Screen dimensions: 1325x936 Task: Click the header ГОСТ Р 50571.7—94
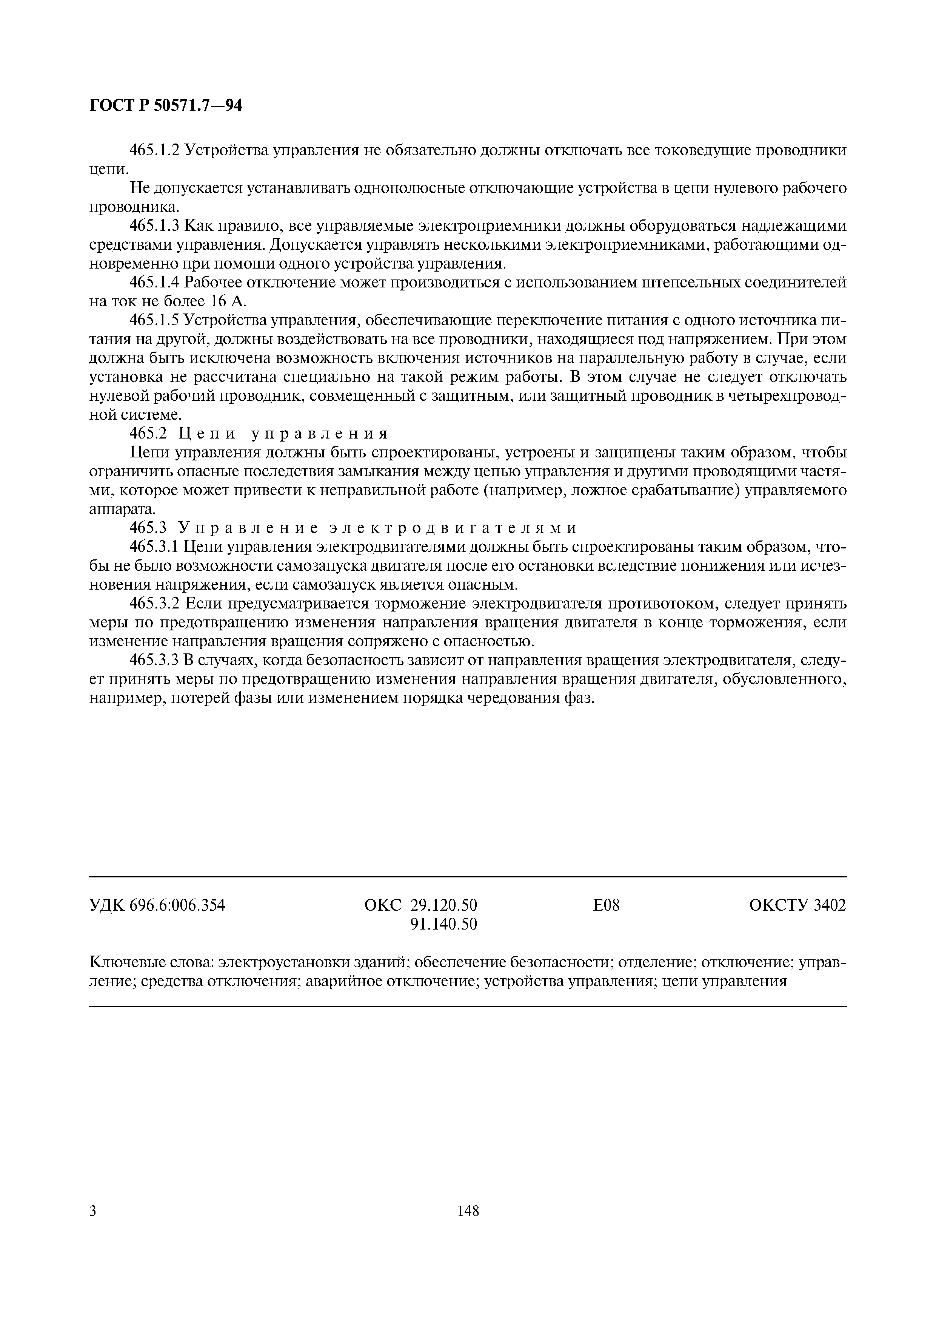(166, 106)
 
